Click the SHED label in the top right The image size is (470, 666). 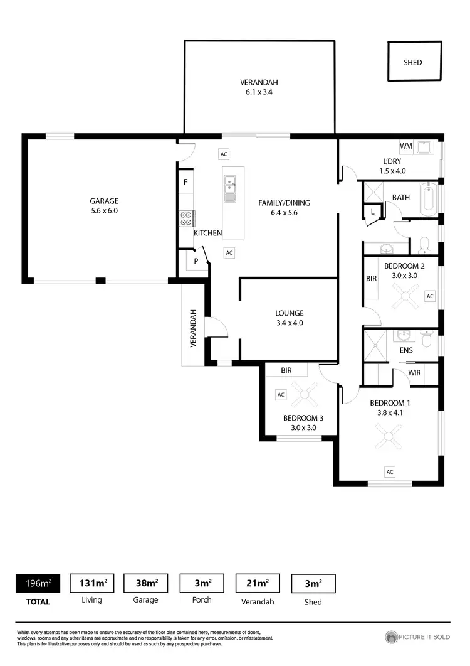coord(413,62)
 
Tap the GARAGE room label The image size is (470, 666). coord(103,201)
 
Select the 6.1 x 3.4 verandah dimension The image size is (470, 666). coord(259,92)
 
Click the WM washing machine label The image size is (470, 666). coord(406,146)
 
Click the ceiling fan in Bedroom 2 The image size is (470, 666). coord(405,296)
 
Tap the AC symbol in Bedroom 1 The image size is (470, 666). coord(390,471)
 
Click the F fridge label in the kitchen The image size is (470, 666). coord(185,182)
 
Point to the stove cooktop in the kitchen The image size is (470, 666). coord(186,218)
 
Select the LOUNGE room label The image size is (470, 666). coord(289,313)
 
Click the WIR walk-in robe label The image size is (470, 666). coord(414,373)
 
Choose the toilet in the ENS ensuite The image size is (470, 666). coord(427,340)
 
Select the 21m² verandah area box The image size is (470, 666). coord(257,583)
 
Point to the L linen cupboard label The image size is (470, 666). coord(372,212)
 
